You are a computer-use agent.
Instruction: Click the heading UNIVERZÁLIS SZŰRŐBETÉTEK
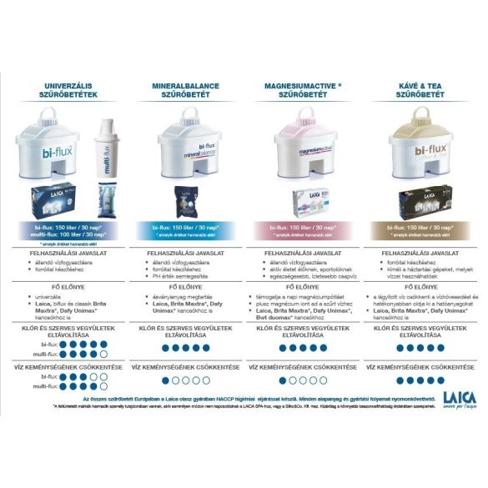click(70, 89)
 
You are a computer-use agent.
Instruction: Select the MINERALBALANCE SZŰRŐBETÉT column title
click(187, 89)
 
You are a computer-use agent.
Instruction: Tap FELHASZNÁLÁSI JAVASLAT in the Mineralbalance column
click(187, 252)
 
